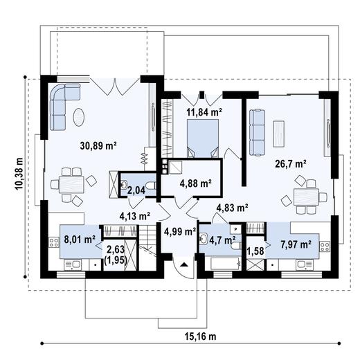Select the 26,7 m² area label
290,164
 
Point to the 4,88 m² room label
195,183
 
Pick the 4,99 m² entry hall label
180,231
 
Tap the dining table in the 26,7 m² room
305,197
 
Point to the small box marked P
235,228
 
